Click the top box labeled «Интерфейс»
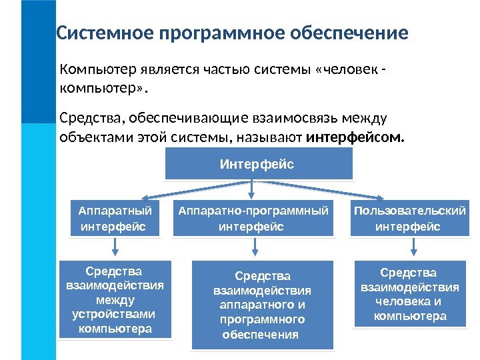[258, 164]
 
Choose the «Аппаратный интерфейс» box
[115, 219]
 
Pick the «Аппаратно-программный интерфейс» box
[253, 219]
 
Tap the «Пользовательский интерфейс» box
[409, 219]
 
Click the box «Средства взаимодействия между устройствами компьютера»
[115, 300]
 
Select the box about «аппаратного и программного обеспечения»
[261, 305]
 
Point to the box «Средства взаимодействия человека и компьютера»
[409, 294]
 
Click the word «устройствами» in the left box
[115, 315]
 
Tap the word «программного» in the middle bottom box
[262, 319]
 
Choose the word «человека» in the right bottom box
[402, 301]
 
